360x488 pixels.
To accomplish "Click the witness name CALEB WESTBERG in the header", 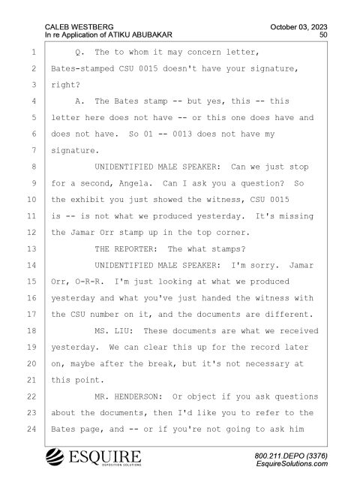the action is pos(79,27).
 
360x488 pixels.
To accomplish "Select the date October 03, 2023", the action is pos(298,27).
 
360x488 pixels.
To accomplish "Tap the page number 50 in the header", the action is pos(323,35).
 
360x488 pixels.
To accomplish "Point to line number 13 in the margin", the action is pos(31,249).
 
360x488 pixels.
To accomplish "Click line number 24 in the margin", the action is pos(31,429).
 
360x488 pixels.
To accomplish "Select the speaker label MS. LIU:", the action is pos(114,331).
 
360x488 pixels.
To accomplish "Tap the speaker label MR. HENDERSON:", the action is pos(129,396).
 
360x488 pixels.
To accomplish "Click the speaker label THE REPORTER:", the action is pos(126,249).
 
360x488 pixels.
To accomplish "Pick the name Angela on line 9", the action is pos(133,184).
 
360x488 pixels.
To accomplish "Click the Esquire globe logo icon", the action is pos(55,457).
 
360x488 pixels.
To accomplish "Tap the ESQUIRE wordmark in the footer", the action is pos(105,456).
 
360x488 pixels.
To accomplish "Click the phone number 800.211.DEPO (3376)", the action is pos(291,456).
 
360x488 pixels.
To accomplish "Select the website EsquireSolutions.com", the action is pos(292,464).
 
